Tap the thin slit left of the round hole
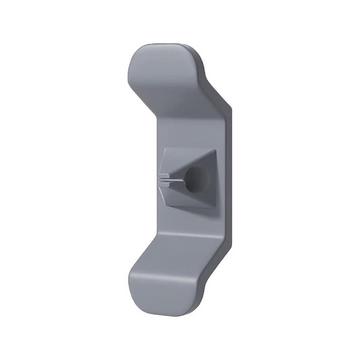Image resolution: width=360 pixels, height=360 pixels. pyautogui.click(x=172, y=181)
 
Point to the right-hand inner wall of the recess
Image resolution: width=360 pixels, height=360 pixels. pyautogui.click(x=212, y=181)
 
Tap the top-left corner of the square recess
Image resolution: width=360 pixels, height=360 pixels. pyautogui.click(x=161, y=149)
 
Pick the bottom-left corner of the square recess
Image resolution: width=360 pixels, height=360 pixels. pyautogui.click(x=161, y=212)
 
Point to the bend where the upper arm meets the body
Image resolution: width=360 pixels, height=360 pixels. pyautogui.click(x=165, y=100)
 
